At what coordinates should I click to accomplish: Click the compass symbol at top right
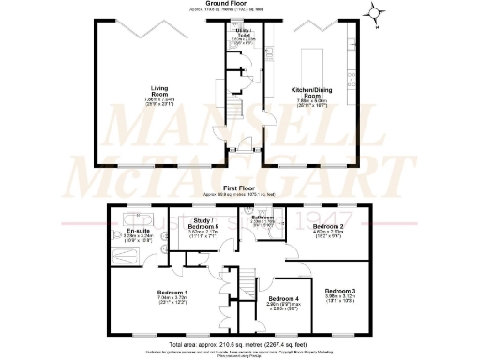pyautogui.click(x=376, y=16)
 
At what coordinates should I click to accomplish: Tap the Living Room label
pyautogui.click(x=166, y=90)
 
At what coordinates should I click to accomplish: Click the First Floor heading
pyautogui.click(x=240, y=187)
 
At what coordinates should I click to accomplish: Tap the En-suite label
pyautogui.click(x=138, y=230)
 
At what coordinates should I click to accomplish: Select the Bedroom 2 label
pyautogui.click(x=330, y=227)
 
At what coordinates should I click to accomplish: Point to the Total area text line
pyautogui.click(x=240, y=342)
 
